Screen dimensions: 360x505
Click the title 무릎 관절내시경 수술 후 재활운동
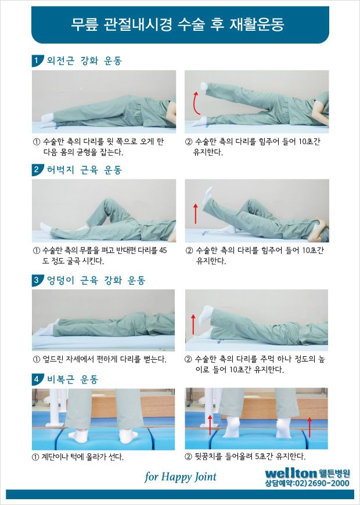coord(177,25)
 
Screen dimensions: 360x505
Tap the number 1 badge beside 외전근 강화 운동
coord(37,60)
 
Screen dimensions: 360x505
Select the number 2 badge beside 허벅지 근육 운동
coord(37,170)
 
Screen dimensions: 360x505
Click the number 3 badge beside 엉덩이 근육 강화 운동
coord(37,280)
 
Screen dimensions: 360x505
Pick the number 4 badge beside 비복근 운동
coord(37,379)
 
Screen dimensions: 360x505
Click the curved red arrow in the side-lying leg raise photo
coord(195,103)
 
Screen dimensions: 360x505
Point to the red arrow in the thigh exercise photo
coord(195,213)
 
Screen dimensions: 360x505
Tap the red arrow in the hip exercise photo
coord(193,324)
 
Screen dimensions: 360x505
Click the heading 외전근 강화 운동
coord(84,60)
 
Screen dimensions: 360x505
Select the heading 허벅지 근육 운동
coord(84,170)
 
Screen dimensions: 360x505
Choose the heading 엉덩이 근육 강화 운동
coord(96,280)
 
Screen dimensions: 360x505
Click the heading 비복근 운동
coord(73,379)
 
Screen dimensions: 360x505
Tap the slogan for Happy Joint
coord(181,477)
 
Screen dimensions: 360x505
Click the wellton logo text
coord(291,473)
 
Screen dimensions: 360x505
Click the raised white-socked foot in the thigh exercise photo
coord(207,195)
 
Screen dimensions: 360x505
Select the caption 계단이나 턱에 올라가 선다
coord(78,457)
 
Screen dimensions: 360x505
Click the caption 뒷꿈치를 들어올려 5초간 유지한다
coord(245,456)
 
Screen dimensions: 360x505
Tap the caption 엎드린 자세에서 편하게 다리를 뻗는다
coord(100,359)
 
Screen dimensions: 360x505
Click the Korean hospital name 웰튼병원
coord(334,473)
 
